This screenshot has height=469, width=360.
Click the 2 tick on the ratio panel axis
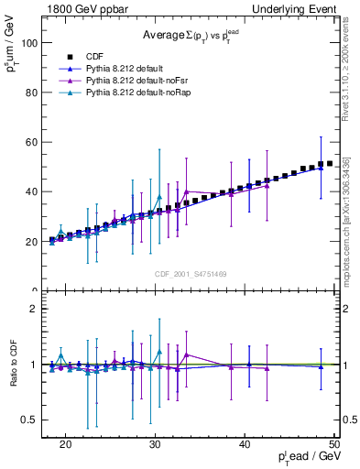38,309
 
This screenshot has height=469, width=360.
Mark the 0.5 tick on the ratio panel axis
35,420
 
